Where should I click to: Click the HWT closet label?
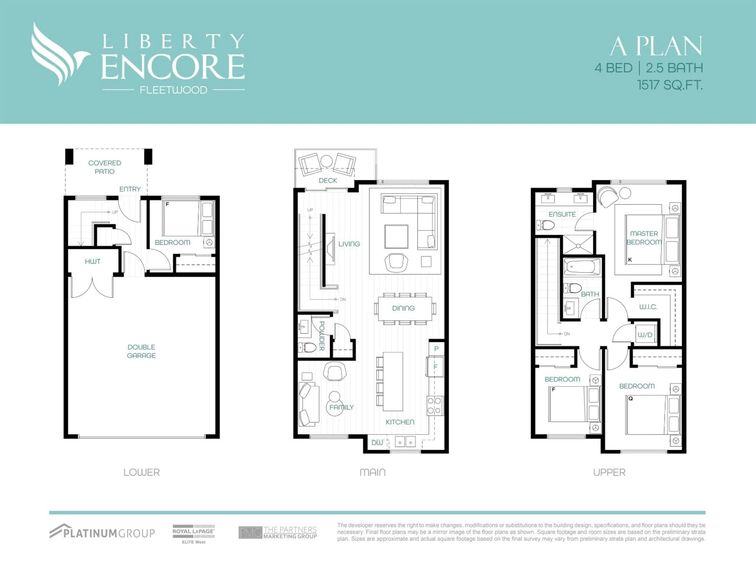coord(93,261)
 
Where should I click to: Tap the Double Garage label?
coord(141,351)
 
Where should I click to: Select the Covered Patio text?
coord(105,167)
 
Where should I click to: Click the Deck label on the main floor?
coord(328,181)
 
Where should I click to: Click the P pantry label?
coord(436,349)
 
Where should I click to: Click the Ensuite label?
coord(562,214)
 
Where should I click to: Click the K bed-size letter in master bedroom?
coord(630,260)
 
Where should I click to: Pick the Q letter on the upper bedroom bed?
coord(631,398)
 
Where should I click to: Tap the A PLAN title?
coord(656,46)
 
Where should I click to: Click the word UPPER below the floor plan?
coord(609,472)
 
